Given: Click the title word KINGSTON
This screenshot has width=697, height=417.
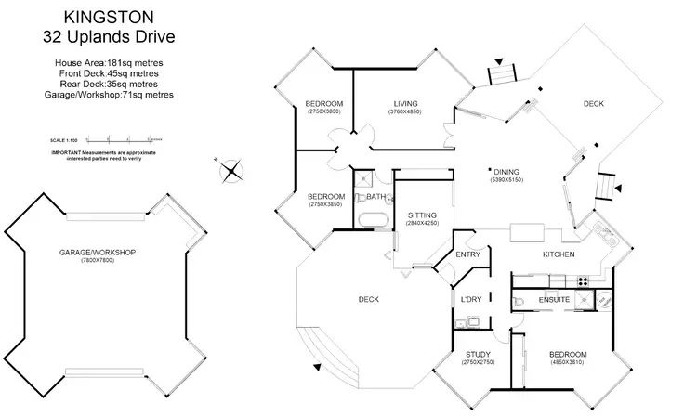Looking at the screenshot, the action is click(98, 16).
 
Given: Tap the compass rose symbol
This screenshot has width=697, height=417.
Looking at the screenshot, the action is click(232, 170).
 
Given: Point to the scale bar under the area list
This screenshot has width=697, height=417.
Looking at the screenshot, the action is click(102, 140).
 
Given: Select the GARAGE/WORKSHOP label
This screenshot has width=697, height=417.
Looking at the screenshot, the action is click(97, 253).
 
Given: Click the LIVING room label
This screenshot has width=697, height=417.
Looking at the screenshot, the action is click(405, 103).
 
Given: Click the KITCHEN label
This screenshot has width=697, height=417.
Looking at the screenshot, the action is click(559, 254).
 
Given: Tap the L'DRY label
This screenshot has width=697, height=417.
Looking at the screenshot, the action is click(470, 299).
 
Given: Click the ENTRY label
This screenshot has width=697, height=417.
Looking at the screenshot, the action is click(467, 254).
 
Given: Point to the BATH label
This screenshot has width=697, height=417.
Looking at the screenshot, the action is click(375, 197).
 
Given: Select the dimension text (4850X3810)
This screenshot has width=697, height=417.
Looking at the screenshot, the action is click(567, 363).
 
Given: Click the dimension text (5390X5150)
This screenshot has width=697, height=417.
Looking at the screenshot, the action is click(506, 179).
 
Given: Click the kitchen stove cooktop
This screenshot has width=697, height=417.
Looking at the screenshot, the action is click(585, 280).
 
